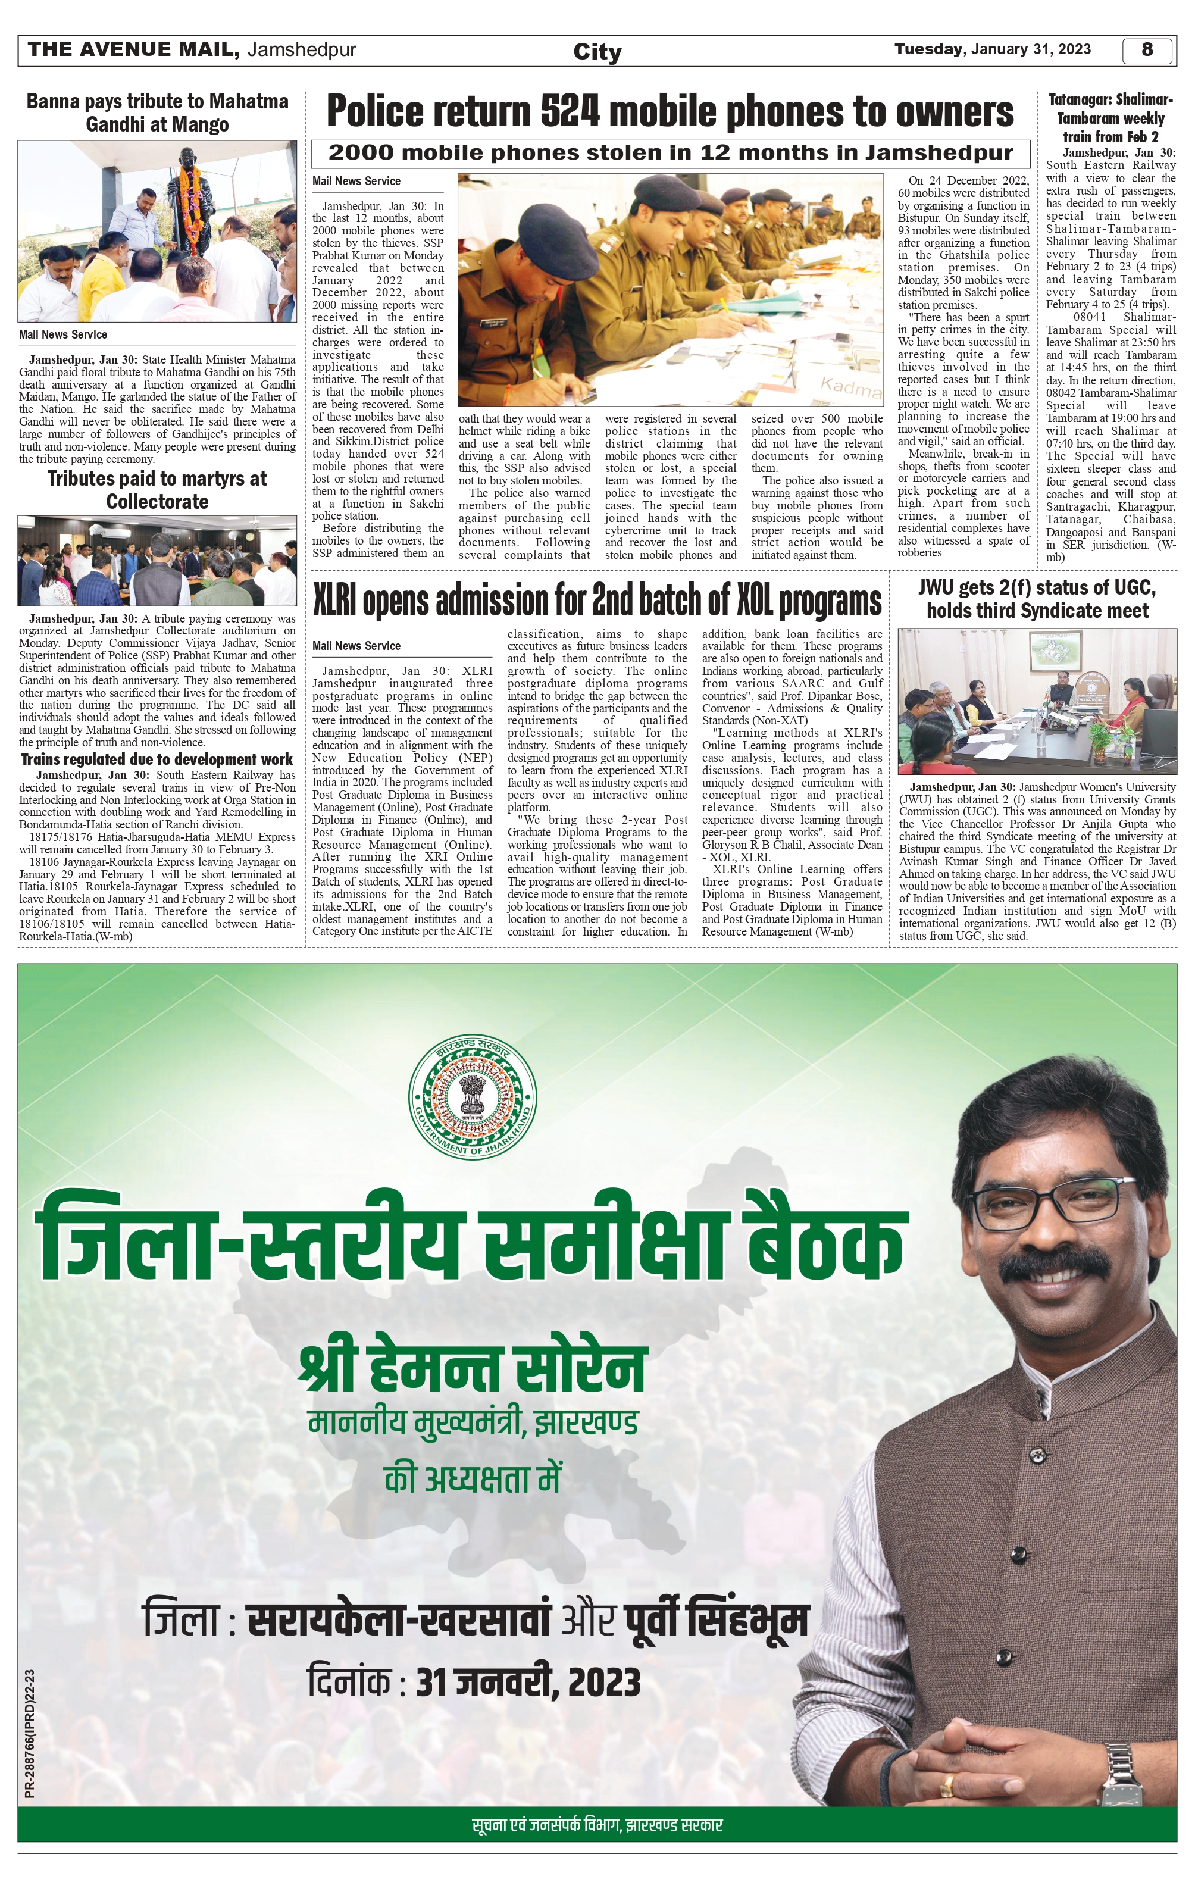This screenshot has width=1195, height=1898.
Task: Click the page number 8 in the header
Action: (x=1147, y=49)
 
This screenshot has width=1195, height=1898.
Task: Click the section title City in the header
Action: (x=597, y=52)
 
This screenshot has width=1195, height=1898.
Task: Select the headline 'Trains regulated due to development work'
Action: (x=157, y=760)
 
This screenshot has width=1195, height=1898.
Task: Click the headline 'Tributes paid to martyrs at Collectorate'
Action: (x=157, y=490)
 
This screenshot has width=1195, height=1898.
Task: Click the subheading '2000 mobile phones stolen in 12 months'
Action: (x=670, y=153)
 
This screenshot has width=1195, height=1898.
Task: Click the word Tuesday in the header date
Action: (x=928, y=49)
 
